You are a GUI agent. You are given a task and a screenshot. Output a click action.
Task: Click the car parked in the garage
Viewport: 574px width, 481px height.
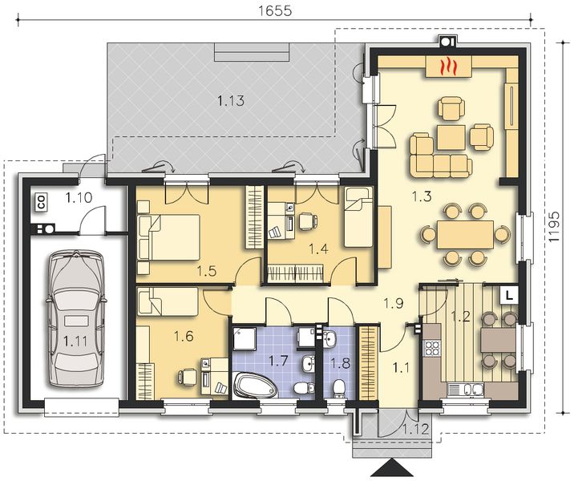(x=76, y=317)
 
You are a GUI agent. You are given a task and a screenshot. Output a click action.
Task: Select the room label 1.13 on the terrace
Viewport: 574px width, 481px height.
(x=231, y=100)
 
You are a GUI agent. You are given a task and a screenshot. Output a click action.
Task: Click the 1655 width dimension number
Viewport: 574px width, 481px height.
(x=275, y=10)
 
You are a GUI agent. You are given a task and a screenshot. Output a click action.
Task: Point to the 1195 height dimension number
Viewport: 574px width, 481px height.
(x=555, y=227)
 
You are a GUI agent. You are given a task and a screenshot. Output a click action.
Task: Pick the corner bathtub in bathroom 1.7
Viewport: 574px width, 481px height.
(x=257, y=385)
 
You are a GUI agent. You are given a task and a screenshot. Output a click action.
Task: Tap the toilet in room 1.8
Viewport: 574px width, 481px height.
(x=338, y=388)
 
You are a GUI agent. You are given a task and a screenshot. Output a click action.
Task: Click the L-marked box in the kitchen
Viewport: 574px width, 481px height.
(x=509, y=295)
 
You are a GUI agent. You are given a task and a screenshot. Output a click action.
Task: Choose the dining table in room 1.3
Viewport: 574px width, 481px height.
(x=464, y=235)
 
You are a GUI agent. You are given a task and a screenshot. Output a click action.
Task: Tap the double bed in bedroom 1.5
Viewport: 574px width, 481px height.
(x=169, y=237)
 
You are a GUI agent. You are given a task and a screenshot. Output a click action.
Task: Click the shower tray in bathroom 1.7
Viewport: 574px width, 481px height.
(x=245, y=338)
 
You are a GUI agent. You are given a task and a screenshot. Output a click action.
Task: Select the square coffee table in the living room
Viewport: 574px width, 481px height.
(x=451, y=137)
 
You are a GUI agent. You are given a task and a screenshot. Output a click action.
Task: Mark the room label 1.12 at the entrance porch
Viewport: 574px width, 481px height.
(x=415, y=429)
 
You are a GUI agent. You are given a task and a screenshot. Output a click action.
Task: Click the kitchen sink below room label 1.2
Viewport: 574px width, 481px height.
(x=465, y=389)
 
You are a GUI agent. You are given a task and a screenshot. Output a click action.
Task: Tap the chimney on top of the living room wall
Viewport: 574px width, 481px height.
(x=447, y=41)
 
